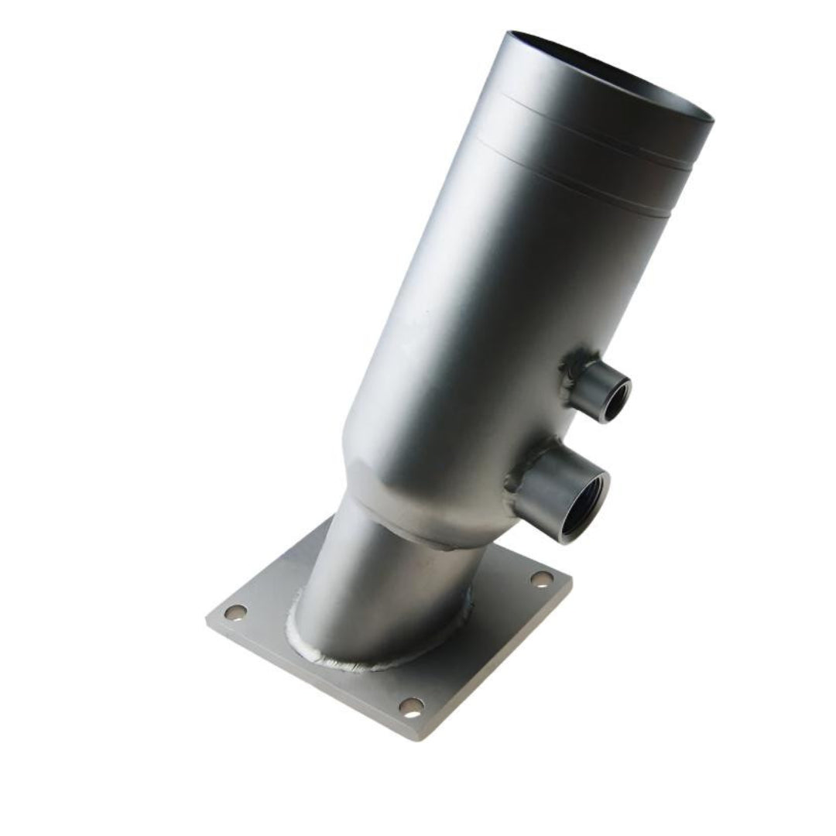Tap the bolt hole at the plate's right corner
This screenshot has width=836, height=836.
click(542, 579)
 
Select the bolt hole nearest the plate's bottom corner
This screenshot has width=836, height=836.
click(411, 705)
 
